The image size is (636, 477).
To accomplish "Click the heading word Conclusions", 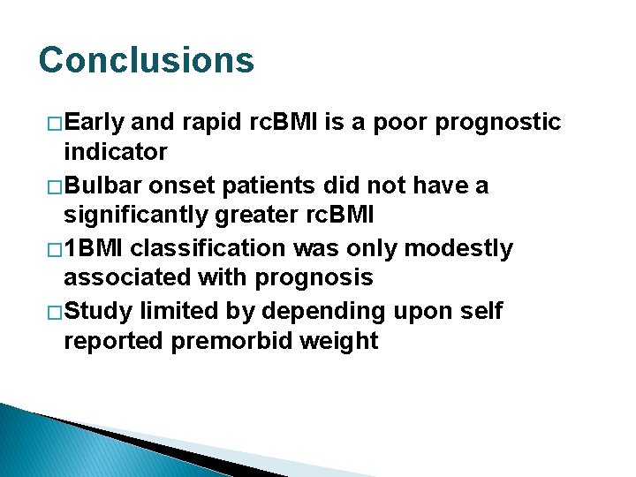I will click(x=147, y=61).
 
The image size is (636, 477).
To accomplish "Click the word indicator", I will click(x=115, y=152).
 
